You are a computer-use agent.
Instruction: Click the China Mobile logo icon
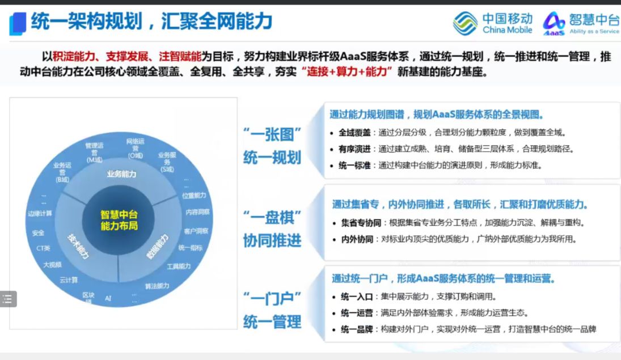point(465,23)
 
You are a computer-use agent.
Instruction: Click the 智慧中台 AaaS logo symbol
point(554,23)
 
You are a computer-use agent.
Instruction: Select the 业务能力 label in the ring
point(121,174)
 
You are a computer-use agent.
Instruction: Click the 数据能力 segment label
point(158,247)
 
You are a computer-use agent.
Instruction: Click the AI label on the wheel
point(108,298)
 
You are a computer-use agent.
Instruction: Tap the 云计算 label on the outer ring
point(69,279)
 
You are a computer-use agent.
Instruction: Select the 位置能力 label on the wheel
point(195,196)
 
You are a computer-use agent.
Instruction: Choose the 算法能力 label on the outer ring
point(157,286)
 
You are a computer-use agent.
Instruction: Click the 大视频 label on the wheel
point(52,264)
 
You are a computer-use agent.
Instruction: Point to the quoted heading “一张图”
point(272,135)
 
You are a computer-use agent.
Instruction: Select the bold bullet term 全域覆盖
point(354,133)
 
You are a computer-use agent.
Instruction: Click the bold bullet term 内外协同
point(357,239)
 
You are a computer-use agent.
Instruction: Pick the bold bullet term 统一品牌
point(357,329)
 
